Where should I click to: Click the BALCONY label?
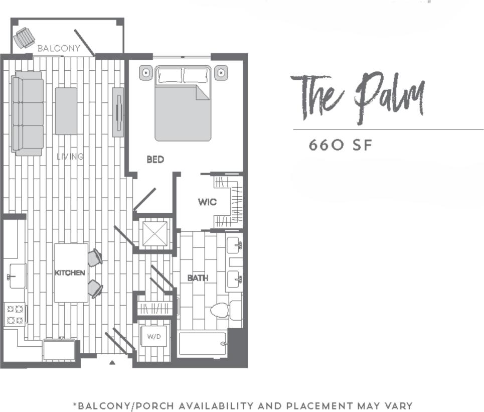tap(59, 48)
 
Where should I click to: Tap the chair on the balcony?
tap(24, 38)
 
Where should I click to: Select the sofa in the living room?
tap(27, 113)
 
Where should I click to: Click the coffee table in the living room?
tap(66, 111)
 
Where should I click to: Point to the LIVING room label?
tap(70, 157)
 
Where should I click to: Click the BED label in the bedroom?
tap(155, 160)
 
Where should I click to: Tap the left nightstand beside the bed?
tap(146, 73)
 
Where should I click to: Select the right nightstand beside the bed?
tap(221, 73)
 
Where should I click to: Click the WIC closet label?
tap(207, 202)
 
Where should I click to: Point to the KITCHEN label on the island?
tap(70, 272)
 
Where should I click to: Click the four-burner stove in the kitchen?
tap(15, 315)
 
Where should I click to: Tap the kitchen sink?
tap(17, 276)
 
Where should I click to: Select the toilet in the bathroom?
tap(221, 310)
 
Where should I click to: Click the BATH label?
tap(198, 278)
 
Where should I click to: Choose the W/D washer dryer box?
tap(153, 336)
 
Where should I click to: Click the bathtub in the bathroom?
tap(202, 344)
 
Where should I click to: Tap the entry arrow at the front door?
tap(112, 361)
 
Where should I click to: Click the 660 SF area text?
tap(341, 145)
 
